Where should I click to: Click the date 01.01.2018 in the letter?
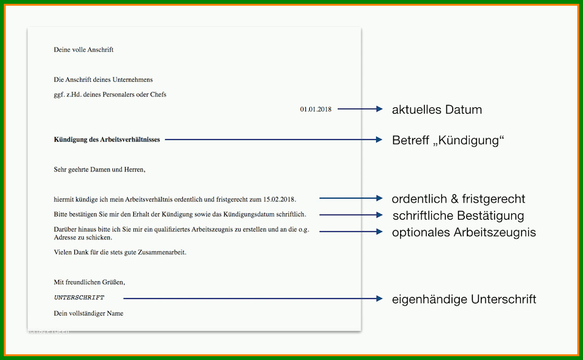pyautogui.click(x=316, y=109)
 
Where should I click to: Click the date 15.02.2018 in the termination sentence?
pyautogui.click(x=279, y=199)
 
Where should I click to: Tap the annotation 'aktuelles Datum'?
pyautogui.click(x=437, y=109)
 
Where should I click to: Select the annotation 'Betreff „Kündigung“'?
pyautogui.click(x=448, y=140)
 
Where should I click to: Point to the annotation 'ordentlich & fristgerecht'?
pyautogui.click(x=459, y=199)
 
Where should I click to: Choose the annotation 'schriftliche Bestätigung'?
pyautogui.click(x=459, y=216)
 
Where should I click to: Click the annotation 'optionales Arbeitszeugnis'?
pyautogui.click(x=464, y=232)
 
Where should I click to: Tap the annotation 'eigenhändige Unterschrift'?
pyautogui.click(x=464, y=299)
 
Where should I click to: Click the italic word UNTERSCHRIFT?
pyautogui.click(x=79, y=298)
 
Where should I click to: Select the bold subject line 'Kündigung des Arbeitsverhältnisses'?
pyautogui.click(x=107, y=140)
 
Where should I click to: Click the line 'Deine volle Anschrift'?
pyautogui.click(x=84, y=50)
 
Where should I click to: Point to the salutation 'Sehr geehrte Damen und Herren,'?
pyautogui.click(x=100, y=170)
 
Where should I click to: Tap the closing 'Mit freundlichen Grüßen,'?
pyautogui.click(x=90, y=283)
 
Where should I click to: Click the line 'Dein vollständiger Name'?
pyautogui.click(x=88, y=313)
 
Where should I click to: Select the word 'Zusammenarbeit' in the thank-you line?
pyautogui.click(x=162, y=252)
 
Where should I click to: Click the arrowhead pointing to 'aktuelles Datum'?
pyautogui.click(x=379, y=109)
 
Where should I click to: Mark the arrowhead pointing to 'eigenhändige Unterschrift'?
pyautogui.click(x=379, y=298)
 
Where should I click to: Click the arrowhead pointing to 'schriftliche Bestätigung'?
pyautogui.click(x=379, y=215)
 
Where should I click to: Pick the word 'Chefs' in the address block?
pyautogui.click(x=158, y=95)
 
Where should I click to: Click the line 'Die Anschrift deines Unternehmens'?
pyautogui.click(x=104, y=79)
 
